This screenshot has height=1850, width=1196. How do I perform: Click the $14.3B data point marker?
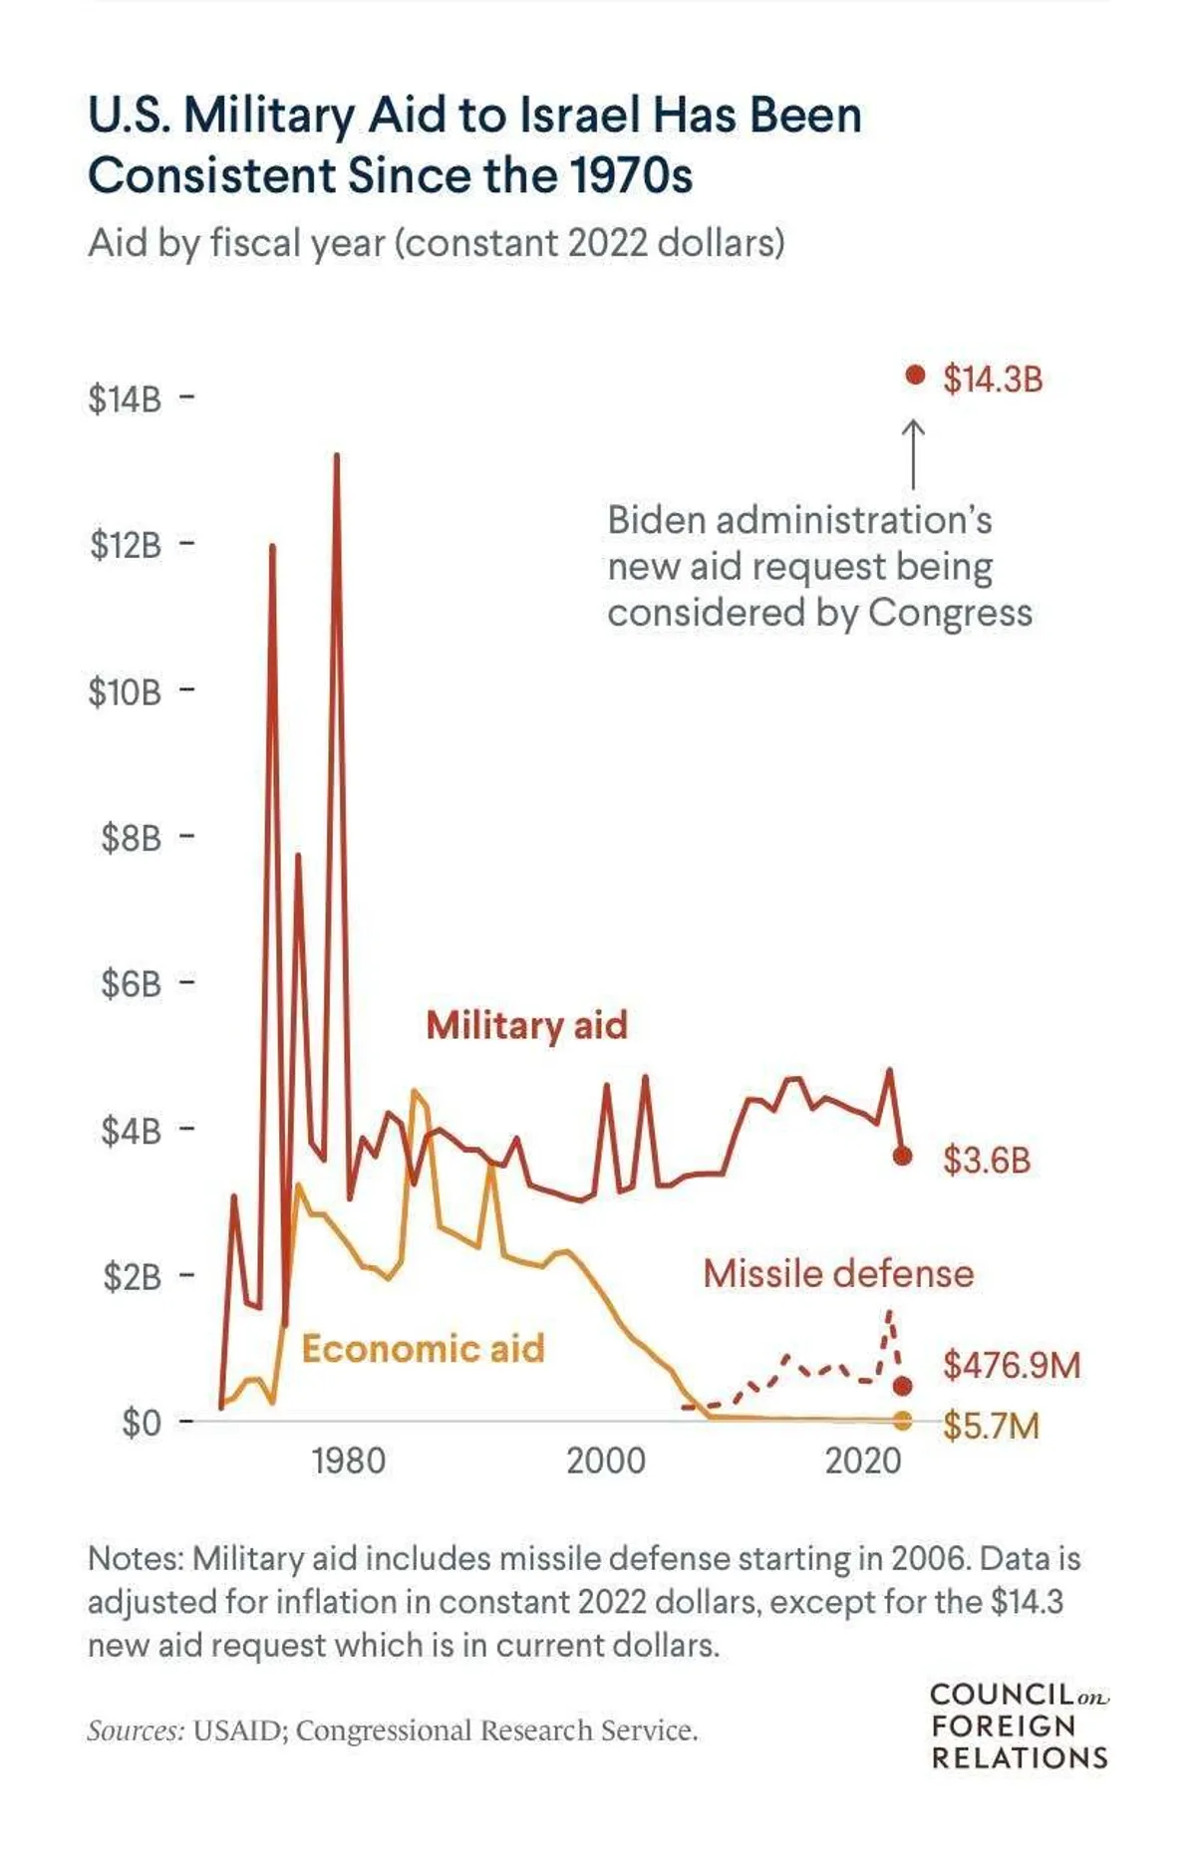click(915, 376)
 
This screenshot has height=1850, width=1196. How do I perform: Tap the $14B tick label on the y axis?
click(125, 399)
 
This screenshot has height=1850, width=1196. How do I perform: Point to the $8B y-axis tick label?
click(131, 838)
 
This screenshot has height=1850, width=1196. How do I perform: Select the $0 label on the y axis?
click(141, 1423)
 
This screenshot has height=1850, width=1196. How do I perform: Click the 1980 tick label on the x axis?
click(348, 1461)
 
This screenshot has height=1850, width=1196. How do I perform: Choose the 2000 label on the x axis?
click(606, 1461)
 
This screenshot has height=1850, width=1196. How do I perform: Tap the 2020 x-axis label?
click(863, 1461)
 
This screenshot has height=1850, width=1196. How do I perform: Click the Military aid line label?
click(526, 1026)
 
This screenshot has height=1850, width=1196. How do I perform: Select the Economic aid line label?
click(423, 1349)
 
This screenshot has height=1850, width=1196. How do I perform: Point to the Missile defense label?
click(838, 1274)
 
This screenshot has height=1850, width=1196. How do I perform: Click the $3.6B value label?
click(987, 1161)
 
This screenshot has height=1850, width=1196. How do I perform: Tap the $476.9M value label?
click(1012, 1365)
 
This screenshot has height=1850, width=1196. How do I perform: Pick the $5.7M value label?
click(991, 1427)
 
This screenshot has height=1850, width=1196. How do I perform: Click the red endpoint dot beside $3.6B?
click(903, 1156)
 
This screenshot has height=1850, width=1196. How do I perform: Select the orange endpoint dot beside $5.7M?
click(903, 1420)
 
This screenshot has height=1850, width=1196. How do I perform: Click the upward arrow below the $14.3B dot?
click(913, 453)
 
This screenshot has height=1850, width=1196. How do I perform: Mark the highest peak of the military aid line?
click(337, 456)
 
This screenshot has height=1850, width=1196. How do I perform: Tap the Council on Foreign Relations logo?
click(1019, 1726)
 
